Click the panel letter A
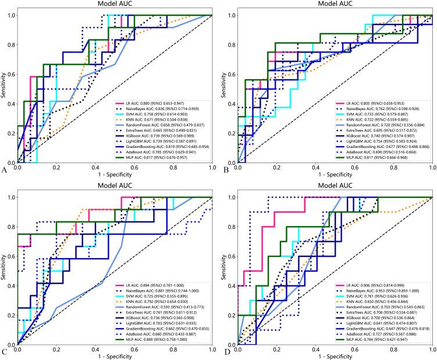5,170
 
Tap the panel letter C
5,351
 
